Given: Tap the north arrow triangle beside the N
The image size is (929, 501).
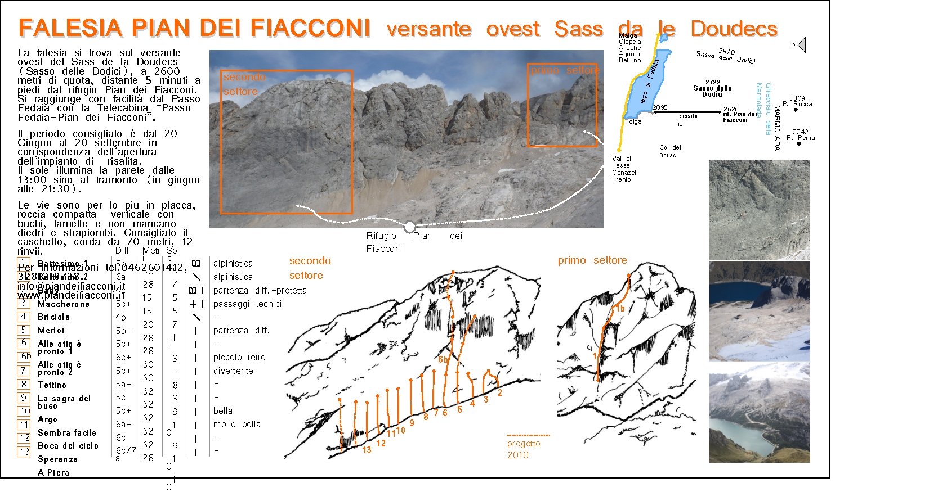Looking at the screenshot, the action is click(x=802, y=45).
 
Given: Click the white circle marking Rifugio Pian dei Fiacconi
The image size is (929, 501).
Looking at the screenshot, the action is click(x=410, y=227).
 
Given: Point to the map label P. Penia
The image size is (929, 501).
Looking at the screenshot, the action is click(x=802, y=138).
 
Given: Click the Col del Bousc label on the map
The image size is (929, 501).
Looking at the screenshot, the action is click(x=669, y=151).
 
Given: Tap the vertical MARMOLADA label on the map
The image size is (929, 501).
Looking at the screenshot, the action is click(x=777, y=128).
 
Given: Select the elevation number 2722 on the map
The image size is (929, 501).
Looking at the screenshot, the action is click(x=712, y=82).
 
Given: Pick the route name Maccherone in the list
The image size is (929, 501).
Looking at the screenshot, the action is click(x=64, y=304).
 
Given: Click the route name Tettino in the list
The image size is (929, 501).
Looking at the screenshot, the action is click(x=52, y=385).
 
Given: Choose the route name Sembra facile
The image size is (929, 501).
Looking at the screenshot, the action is click(x=67, y=432).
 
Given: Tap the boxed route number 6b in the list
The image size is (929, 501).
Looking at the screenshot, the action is click(x=24, y=356).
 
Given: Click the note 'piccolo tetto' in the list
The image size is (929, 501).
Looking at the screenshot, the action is click(x=239, y=358).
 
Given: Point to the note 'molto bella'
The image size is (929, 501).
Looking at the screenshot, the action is click(x=237, y=425).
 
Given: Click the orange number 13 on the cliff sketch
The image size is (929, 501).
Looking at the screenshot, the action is click(x=367, y=450).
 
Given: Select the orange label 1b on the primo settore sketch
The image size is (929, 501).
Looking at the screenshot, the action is click(x=620, y=309).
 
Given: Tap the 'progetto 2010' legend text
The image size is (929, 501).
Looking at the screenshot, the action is click(x=524, y=449).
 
